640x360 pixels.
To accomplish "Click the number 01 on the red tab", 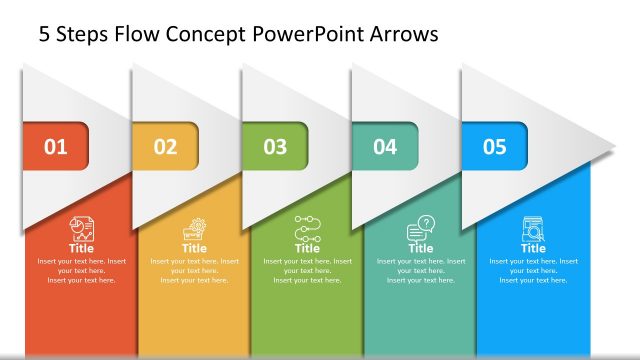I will tap(56, 148).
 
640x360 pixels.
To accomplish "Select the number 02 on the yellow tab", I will tap(166, 148).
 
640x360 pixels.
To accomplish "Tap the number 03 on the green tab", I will tap(275, 148).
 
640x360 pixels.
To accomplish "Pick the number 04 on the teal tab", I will tap(385, 148).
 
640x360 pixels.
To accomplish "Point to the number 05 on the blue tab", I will tap(495, 148).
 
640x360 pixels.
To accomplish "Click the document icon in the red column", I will tap(82, 228).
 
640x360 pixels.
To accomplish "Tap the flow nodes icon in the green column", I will tap(307, 229).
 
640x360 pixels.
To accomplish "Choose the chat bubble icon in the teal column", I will tap(421, 229).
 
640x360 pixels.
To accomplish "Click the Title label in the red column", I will tap(82, 248).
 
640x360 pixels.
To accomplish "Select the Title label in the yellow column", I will tap(195, 248).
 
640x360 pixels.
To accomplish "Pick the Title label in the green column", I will tap(307, 248).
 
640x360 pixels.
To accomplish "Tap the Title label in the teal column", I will tap(421, 248).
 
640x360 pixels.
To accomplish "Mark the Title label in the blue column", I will tap(533, 248).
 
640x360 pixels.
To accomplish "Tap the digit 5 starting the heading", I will tap(44, 35).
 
